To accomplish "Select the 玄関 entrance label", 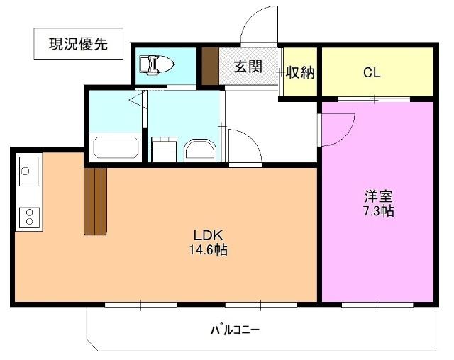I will pyautogui.click(x=248, y=67).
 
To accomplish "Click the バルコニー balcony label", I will pyautogui.click(x=235, y=330).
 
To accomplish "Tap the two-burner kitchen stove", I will pyautogui.click(x=28, y=216).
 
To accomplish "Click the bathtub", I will pyautogui.click(x=115, y=149).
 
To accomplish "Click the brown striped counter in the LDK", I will pyautogui.click(x=95, y=201).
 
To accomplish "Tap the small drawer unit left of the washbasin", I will pyautogui.click(x=165, y=150).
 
